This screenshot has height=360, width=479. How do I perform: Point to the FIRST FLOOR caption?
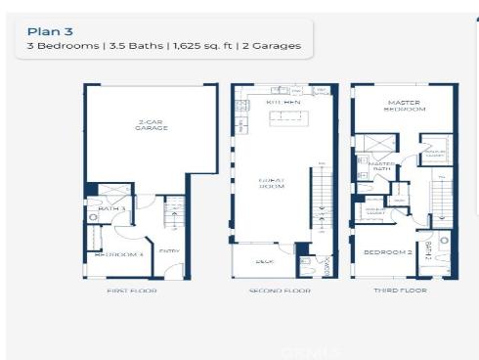point(131,291)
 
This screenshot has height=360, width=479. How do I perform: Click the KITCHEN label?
point(284,102)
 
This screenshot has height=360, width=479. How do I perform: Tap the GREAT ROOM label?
point(271,185)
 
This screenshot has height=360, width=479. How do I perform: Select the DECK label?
point(263,261)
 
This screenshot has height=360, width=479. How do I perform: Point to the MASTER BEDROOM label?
point(403,106)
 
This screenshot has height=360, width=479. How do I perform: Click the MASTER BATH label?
point(381,167)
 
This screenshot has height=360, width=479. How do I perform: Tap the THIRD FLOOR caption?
point(402,291)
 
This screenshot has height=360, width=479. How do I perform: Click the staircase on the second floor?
point(320,196)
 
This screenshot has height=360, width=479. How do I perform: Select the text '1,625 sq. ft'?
point(190,47)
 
